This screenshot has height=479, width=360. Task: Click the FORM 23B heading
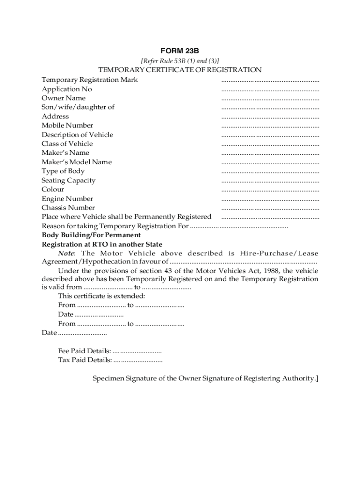tap(180, 51)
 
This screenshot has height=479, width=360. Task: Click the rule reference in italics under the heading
tap(180, 61)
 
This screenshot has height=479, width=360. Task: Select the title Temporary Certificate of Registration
tap(180, 70)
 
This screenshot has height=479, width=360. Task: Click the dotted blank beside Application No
tap(270, 89)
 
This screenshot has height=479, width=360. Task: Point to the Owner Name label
tap(64, 98)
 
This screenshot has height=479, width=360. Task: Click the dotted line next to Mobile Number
tap(270, 125)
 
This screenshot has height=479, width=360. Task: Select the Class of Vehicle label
tap(67, 144)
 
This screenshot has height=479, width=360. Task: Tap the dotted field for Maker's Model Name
tap(270, 162)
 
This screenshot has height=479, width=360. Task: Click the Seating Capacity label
tap(68, 180)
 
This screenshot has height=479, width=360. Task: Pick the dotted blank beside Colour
tap(270, 189)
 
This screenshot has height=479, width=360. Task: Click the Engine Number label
tap(67, 198)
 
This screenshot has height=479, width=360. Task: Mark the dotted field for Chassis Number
tap(270, 208)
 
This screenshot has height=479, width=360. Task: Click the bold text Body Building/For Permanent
tap(91, 235)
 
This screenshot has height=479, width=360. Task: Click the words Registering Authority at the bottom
tap(279, 378)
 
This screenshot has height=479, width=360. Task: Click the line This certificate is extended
tap(101, 296)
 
